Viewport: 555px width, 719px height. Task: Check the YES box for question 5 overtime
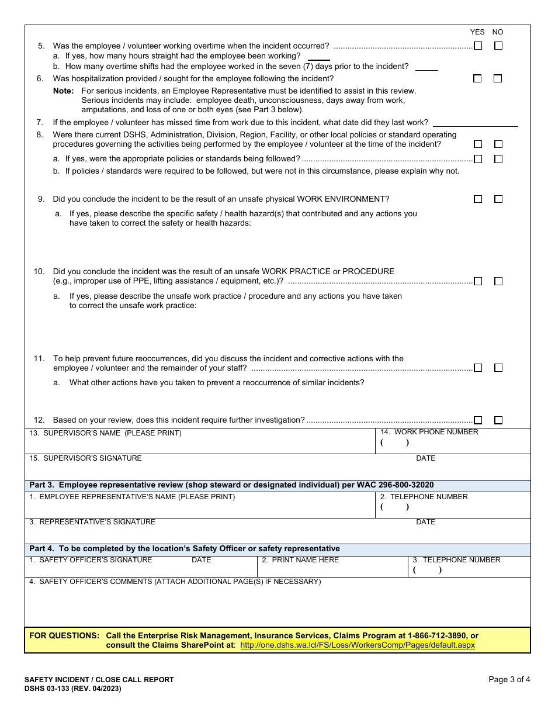[478, 46]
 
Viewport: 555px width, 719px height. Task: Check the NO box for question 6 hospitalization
[498, 78]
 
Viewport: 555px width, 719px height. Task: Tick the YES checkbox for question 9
[478, 199]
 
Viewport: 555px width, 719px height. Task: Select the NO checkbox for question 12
[498, 420]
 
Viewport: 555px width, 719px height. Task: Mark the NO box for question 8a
[498, 159]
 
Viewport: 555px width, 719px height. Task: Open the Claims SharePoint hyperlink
[358, 645]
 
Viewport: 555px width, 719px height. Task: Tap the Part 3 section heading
[231, 485]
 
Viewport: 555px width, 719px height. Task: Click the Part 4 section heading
[185, 549]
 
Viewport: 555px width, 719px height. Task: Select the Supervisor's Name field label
[106, 433]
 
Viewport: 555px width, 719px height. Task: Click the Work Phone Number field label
[429, 432]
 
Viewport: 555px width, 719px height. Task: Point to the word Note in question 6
[64, 91]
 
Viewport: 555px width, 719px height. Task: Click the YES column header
[477, 32]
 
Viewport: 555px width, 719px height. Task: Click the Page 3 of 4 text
[509, 679]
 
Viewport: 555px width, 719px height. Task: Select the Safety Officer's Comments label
[175, 582]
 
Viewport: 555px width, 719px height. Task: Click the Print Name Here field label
[300, 560]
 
